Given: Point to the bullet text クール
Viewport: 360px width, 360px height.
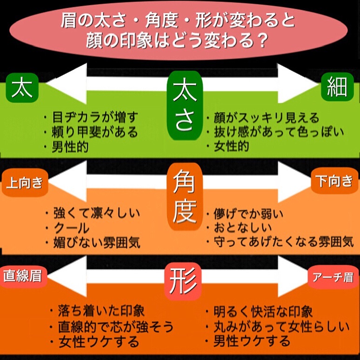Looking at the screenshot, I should click(x=72, y=228).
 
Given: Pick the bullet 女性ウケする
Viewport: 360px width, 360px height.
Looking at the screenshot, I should click(x=98, y=342).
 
